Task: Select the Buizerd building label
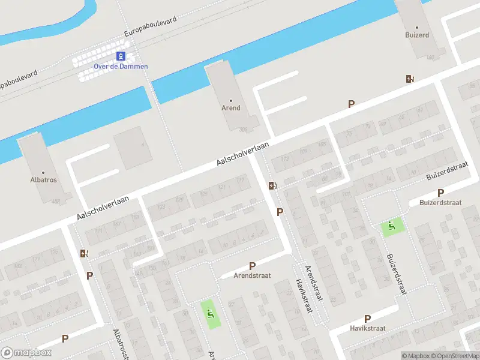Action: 416,35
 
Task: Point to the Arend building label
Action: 231,108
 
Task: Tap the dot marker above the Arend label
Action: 231,100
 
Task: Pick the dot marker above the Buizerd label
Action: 416,27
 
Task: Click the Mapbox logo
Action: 26,353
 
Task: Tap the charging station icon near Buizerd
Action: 410,79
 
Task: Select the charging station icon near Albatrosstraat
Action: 83,253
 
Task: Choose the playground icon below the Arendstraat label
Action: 210,311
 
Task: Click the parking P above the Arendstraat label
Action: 252,266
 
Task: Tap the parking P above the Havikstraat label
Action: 367,319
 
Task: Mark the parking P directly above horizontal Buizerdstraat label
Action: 441,193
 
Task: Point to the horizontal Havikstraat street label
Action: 368,328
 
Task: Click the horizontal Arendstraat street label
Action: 253,275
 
